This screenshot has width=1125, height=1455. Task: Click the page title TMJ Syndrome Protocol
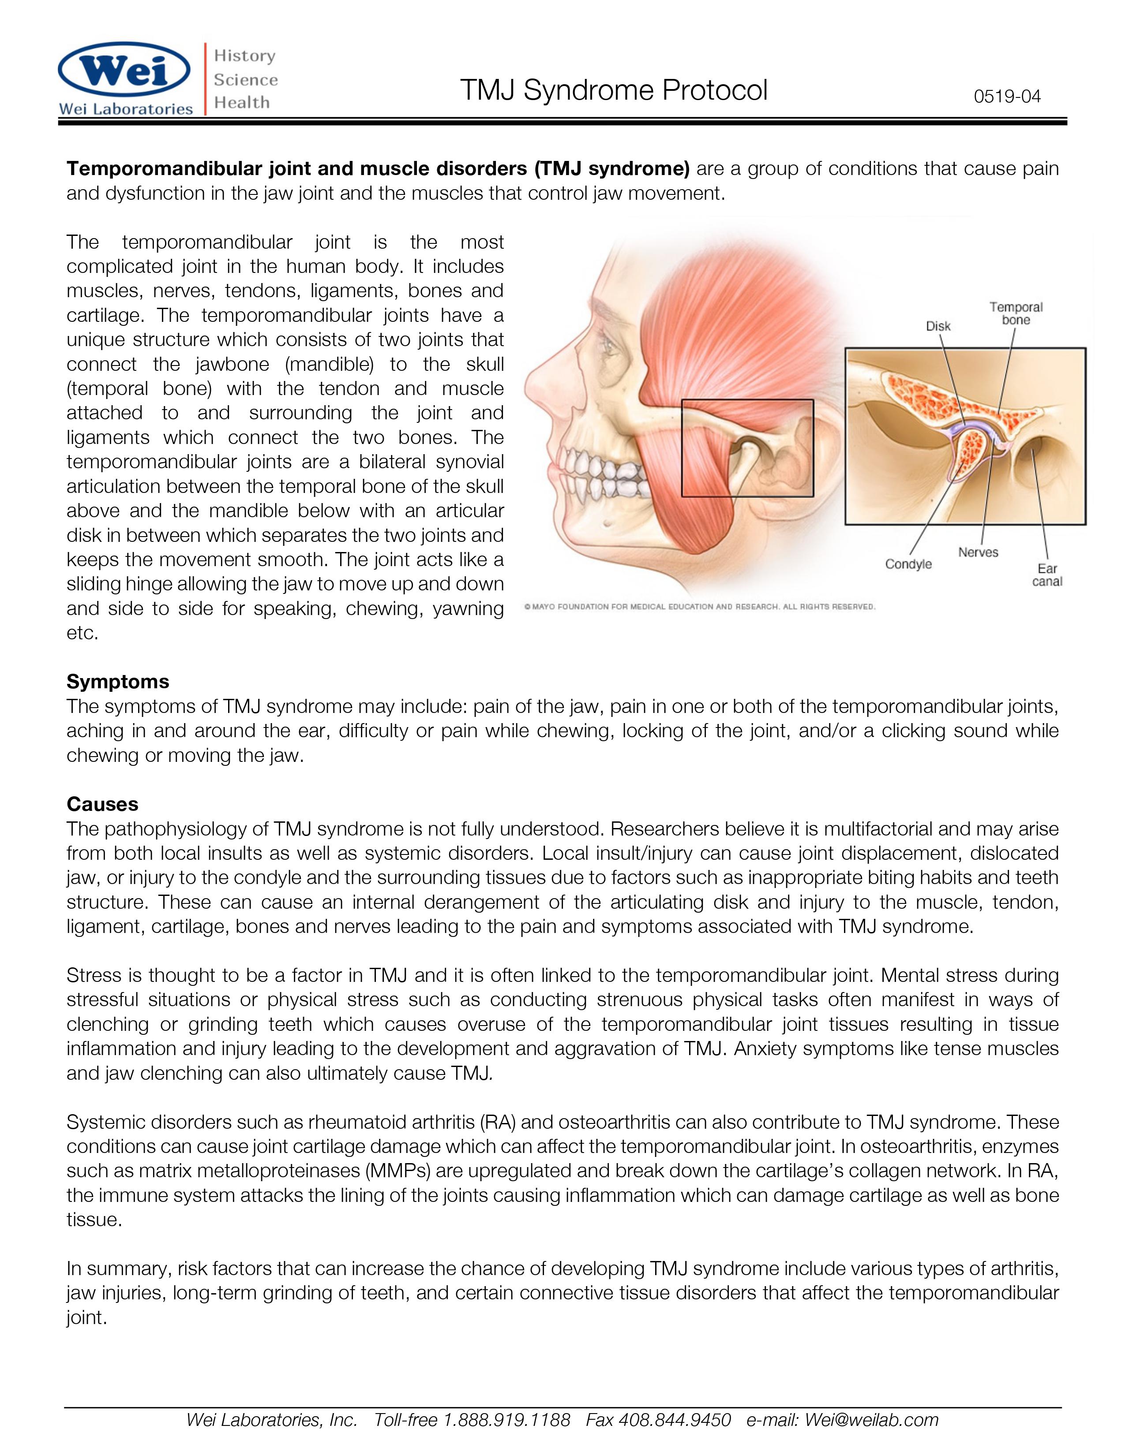click(613, 90)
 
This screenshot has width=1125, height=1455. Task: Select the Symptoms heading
click(118, 682)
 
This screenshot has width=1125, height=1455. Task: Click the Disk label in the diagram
click(938, 326)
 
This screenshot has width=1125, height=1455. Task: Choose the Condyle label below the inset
click(908, 564)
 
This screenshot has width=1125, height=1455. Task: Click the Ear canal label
click(1047, 575)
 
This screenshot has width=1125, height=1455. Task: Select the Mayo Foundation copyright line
click(699, 607)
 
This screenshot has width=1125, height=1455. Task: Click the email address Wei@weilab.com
click(872, 1420)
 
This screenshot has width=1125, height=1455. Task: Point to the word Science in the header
click(245, 80)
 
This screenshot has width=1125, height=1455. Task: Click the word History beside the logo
click(244, 56)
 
